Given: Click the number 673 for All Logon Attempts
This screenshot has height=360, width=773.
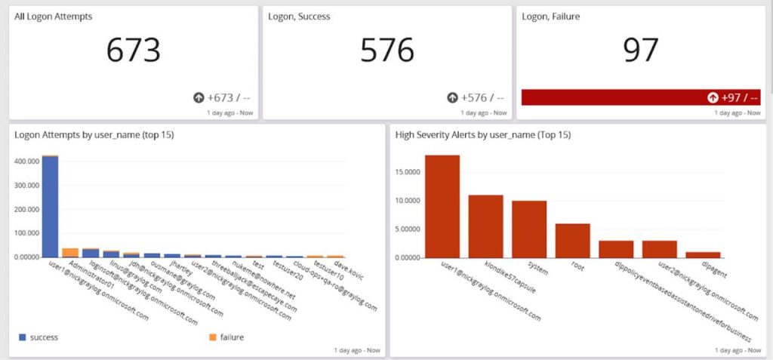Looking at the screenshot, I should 133,51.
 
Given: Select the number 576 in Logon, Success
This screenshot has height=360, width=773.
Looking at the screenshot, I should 386,51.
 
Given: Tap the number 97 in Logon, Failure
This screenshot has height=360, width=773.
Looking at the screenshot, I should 640,51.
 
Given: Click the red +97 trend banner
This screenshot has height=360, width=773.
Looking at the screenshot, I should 640,97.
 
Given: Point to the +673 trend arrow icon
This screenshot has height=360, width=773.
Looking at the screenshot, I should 199,97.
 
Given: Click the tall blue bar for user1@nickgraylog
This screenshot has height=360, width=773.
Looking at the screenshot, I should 50,207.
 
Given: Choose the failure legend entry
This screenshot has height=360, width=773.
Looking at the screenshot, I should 225,337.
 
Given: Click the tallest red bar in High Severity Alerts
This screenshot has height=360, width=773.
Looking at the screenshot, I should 442,206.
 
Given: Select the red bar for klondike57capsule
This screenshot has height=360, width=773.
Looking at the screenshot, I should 485,226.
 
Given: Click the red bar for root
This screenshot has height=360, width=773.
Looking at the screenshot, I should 572,241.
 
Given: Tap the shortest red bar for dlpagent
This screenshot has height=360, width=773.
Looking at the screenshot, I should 703,255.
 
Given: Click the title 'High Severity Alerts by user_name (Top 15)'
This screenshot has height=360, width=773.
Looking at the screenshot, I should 483,134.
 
